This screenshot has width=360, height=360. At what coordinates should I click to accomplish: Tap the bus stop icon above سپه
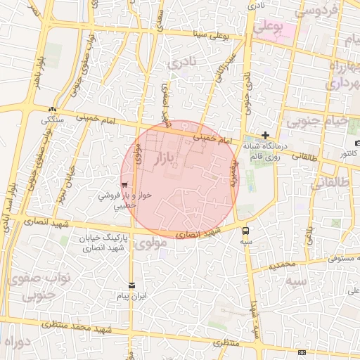pos(245,230)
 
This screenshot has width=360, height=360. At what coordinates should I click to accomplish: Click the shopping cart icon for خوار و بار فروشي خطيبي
pos(124,186)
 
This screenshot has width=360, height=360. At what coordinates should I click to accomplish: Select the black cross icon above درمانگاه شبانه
pos(265,135)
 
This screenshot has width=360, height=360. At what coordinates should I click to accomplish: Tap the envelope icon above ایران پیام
pos(131,285)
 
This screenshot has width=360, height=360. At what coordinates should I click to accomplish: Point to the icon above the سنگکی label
pos(52,109)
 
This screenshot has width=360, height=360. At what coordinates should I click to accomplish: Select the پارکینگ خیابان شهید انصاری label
pos(103,243)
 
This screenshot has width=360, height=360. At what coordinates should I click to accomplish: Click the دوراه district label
pos(17,341)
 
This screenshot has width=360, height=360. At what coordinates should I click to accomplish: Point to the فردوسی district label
pos(316,10)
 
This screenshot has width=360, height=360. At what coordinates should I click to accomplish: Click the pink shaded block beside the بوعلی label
pos(285,32)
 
